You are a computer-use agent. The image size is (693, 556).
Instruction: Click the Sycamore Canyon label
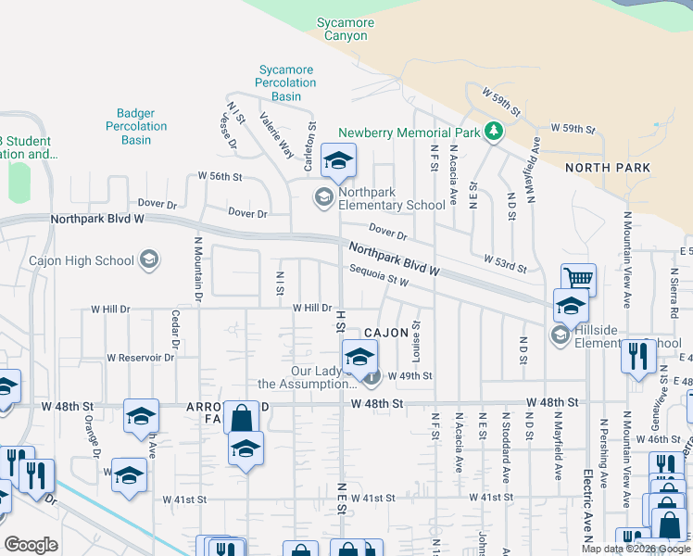(x=345, y=29)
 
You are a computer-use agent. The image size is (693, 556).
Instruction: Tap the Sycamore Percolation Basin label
(x=286, y=82)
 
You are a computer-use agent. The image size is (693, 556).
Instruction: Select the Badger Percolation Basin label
(x=136, y=126)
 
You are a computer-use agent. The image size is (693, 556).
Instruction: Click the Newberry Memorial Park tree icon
(x=494, y=132)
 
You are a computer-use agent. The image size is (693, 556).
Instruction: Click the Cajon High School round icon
(x=150, y=260)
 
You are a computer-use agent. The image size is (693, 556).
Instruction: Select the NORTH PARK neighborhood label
(x=608, y=168)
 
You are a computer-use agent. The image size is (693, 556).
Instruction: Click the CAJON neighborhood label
(x=385, y=332)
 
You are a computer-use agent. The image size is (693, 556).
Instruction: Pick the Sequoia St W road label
(x=379, y=275)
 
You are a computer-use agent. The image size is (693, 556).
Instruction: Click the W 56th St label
(x=220, y=176)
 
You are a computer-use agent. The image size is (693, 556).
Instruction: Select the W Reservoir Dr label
(x=141, y=357)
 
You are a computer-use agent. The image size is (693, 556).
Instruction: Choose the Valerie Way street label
(x=276, y=135)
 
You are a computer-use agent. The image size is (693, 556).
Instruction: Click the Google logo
(x=31, y=545)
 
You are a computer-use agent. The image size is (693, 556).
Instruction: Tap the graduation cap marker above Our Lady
(x=359, y=354)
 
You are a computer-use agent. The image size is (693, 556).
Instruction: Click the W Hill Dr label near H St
(x=312, y=308)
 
